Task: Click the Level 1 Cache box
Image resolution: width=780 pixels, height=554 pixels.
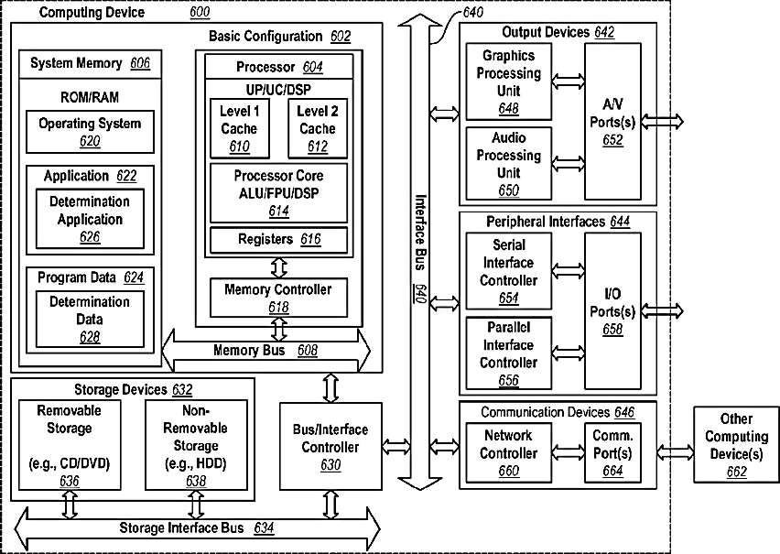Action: [239, 129]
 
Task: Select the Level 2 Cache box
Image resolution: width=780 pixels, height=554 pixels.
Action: [317, 129]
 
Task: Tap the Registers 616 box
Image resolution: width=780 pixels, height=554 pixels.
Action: [278, 240]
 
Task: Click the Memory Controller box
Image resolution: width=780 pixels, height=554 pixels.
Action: [278, 298]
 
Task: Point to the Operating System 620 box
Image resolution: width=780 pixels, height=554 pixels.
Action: [90, 132]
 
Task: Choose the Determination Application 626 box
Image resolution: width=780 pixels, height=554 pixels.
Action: [90, 219]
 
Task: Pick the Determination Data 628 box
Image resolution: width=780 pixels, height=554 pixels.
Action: [90, 320]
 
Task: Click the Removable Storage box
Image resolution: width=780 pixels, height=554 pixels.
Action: [69, 445]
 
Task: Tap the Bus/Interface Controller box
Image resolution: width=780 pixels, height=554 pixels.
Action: [330, 447]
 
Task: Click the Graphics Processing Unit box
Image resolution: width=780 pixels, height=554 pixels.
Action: [509, 83]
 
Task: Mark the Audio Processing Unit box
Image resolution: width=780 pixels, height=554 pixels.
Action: [509, 163]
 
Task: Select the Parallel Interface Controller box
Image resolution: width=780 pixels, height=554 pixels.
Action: [509, 353]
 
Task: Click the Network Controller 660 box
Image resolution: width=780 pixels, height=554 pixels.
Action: [509, 452]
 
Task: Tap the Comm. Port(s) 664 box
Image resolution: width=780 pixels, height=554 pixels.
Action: [612, 452]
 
